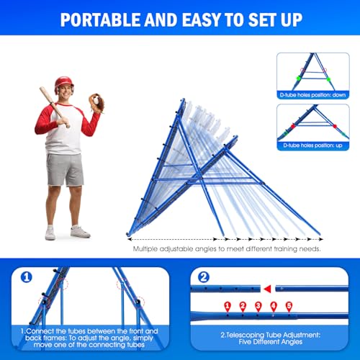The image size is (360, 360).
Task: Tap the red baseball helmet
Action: [x=64, y=85]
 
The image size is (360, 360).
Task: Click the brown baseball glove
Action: [x=95, y=102]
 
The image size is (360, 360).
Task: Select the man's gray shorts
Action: [x=65, y=169]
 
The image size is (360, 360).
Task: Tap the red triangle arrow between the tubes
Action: [x=268, y=289]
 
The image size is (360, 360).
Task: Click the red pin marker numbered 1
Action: [x=228, y=305]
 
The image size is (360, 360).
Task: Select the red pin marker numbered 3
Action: [x=258, y=305]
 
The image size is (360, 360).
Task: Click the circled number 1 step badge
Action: [x=26, y=277]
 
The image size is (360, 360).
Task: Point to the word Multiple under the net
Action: [x=145, y=248]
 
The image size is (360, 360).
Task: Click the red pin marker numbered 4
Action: [x=274, y=305]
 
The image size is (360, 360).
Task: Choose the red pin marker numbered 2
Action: [x=243, y=305]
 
